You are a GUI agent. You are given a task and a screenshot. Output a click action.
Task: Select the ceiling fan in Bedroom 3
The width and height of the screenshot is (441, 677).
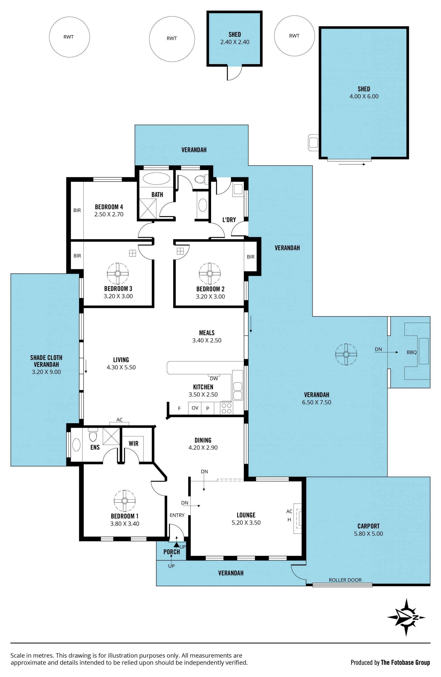(x=118, y=274)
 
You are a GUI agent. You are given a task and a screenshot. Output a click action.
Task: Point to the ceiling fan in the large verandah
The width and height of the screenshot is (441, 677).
(x=346, y=354)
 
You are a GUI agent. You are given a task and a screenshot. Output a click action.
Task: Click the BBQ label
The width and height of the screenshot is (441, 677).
(x=411, y=352)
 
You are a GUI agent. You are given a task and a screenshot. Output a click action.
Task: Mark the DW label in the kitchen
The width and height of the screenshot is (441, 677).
(x=214, y=379)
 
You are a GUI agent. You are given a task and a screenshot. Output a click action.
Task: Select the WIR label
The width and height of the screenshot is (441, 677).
(x=133, y=443)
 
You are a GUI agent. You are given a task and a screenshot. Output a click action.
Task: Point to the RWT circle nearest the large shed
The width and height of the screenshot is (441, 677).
(x=294, y=36)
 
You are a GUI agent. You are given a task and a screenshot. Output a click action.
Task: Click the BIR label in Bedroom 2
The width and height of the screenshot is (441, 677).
(x=251, y=257)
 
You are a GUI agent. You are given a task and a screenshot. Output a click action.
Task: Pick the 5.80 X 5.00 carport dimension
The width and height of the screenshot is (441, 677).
(x=368, y=534)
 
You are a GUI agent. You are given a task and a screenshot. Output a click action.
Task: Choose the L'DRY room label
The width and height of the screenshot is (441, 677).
(x=229, y=220)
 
